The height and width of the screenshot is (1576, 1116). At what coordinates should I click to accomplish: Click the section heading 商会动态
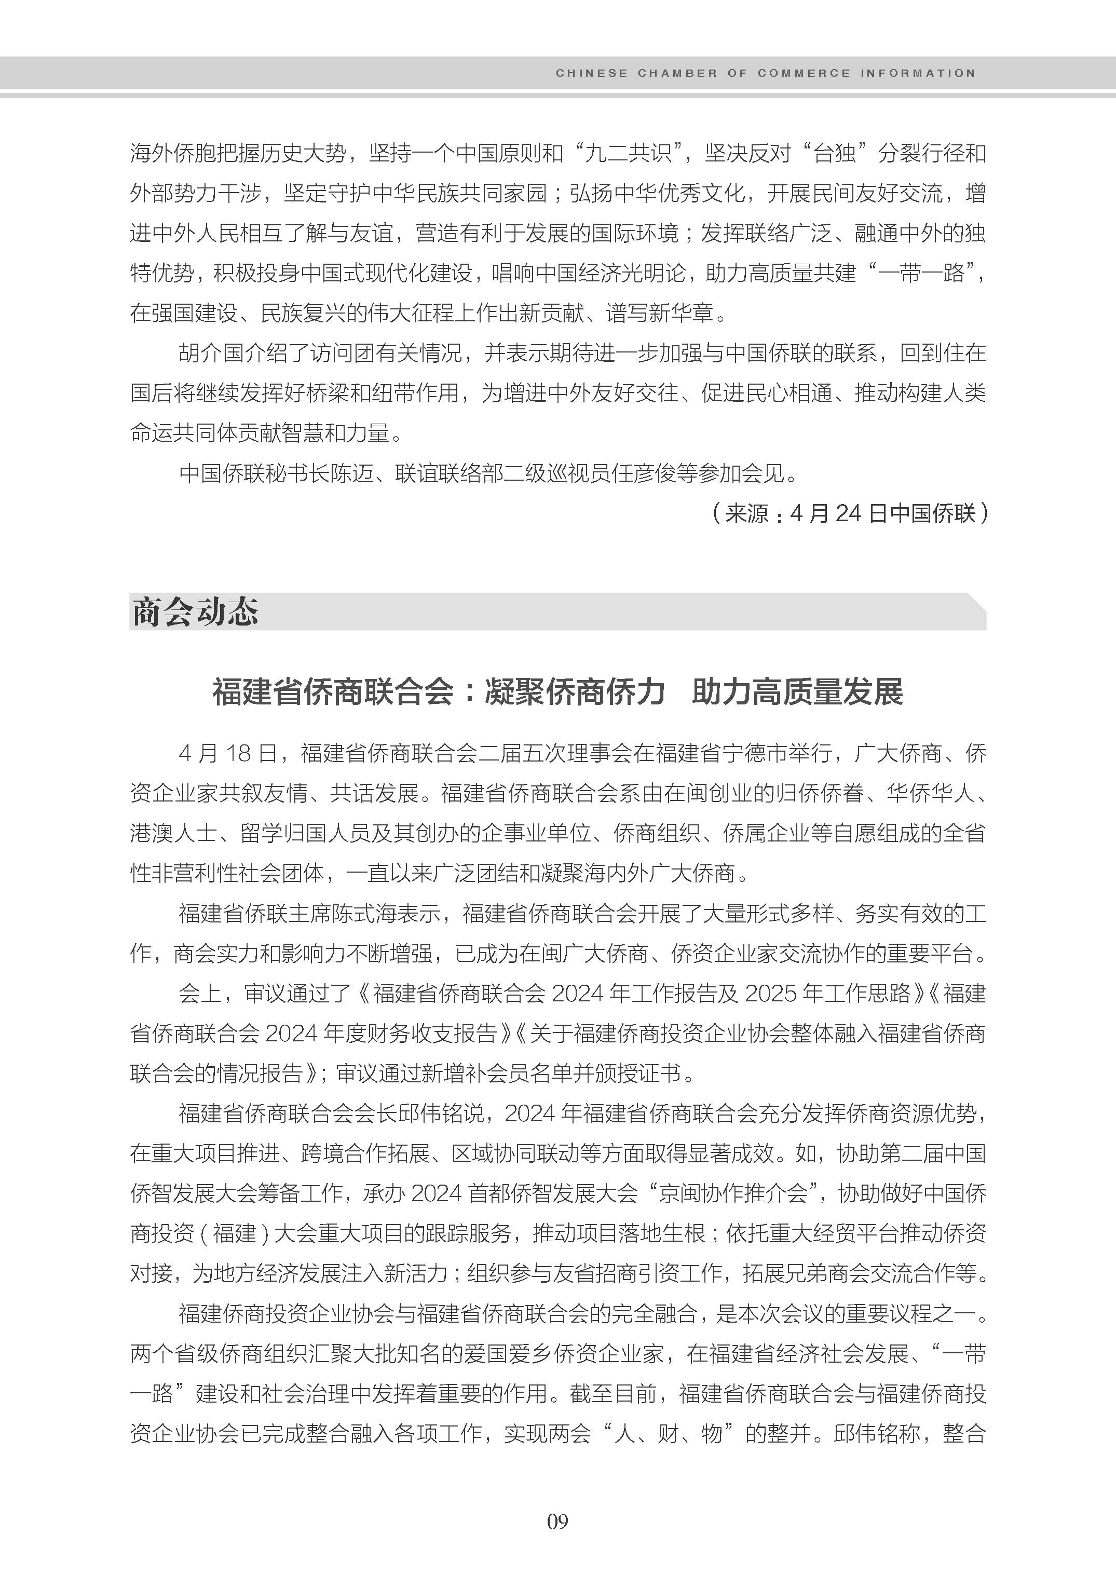click(195, 611)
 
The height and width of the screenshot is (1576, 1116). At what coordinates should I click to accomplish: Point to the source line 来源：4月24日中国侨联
click(850, 513)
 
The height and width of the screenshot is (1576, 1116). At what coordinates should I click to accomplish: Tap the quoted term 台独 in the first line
click(834, 153)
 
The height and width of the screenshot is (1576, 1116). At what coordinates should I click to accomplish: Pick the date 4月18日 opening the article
click(227, 753)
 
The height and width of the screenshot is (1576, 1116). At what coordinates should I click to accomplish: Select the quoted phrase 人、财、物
click(673, 1434)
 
